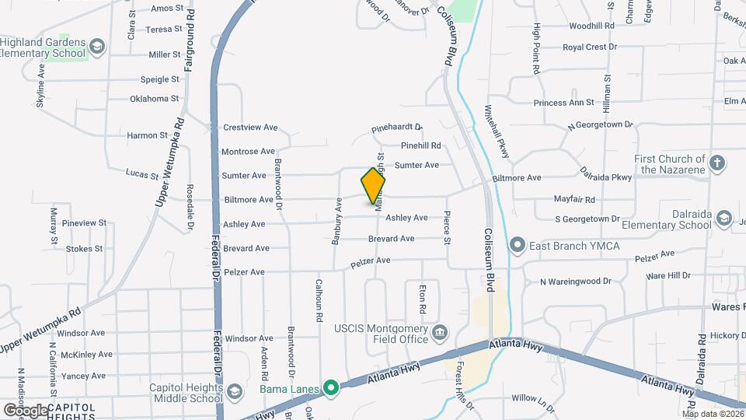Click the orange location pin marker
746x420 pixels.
pos(373,185)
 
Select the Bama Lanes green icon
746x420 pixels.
pos(331,387)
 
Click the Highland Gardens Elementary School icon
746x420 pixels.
pos(97,47)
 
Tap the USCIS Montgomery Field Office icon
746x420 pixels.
pos(440,334)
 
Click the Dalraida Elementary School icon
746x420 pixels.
pos(723,219)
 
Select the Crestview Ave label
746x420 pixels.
pos(250,127)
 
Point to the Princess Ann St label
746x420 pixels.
pos(563,103)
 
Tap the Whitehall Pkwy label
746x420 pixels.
pos(497,131)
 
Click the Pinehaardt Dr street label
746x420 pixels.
pos(396,127)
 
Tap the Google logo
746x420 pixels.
pos(26,410)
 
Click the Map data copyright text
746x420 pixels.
pos(713,414)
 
